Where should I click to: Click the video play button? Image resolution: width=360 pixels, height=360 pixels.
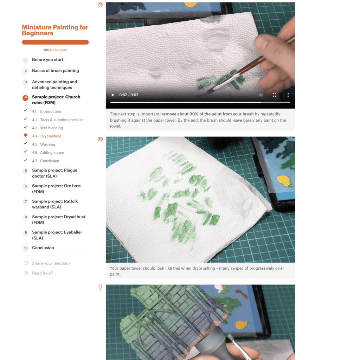113,95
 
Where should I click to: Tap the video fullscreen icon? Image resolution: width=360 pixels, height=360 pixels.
274,95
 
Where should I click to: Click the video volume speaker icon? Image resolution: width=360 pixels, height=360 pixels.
261,95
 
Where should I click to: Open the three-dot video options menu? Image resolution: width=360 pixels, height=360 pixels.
288,95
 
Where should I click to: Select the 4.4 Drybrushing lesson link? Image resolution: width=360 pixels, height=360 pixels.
47,136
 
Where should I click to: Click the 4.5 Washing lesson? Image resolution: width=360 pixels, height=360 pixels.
43,144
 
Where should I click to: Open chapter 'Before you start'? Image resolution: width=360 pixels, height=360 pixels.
47,60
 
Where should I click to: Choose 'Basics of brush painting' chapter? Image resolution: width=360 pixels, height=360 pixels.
55,71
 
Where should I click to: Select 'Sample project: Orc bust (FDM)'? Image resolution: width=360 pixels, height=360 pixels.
56,189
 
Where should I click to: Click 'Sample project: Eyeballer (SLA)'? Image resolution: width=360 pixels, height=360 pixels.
57,235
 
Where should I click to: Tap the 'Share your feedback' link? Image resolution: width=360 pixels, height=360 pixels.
51,263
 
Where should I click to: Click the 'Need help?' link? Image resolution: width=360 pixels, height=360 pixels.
42,273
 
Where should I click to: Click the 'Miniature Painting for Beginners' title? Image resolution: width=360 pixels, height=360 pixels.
55,30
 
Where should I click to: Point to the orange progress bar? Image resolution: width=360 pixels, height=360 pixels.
55,42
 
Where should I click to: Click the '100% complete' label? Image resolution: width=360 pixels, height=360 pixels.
55,50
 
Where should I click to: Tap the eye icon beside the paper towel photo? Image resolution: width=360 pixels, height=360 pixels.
100,139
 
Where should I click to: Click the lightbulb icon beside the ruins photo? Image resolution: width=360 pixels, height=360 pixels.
100,287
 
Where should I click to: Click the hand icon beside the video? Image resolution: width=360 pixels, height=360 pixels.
100,5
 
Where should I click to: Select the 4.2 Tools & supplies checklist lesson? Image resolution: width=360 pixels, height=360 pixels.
58,120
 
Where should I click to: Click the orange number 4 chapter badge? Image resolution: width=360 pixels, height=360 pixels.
25,98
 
